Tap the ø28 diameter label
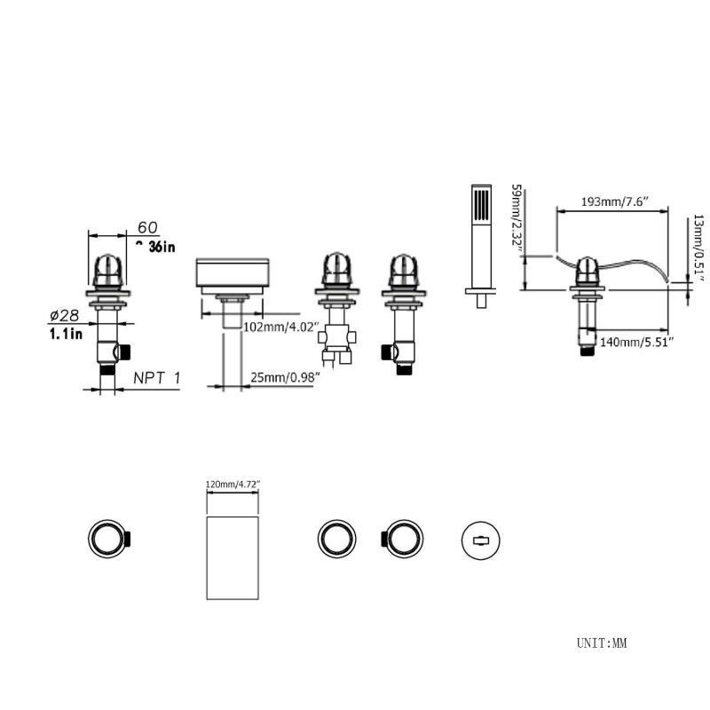point(65,316)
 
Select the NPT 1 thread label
point(156,378)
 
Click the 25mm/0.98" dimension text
point(285,378)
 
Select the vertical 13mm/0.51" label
point(698,247)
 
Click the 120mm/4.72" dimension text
point(233,485)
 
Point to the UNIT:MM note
point(601,643)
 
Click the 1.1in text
point(65,334)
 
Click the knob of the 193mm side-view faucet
point(586,268)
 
